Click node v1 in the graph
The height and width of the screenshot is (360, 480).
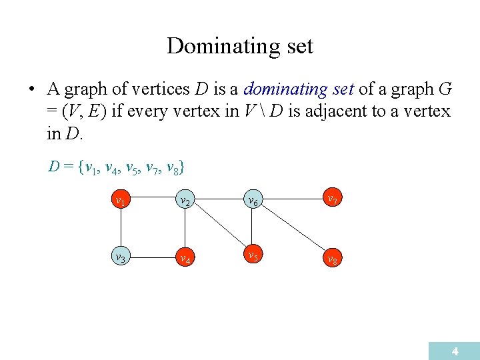click(121, 199)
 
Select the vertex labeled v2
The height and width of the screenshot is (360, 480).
click(183, 199)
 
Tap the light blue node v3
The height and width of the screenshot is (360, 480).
click(121, 257)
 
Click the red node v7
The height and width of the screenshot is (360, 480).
click(331, 199)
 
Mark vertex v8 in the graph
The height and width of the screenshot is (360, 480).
click(331, 258)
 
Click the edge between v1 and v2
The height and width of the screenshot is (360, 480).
click(152, 199)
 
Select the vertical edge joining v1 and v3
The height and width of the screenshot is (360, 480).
click(121, 228)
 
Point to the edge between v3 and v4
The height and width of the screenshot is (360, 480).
click(152, 257)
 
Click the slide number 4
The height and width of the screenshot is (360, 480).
click(455, 351)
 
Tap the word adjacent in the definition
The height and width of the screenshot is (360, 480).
click(339, 111)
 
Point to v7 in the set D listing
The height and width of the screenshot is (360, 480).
click(153, 166)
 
